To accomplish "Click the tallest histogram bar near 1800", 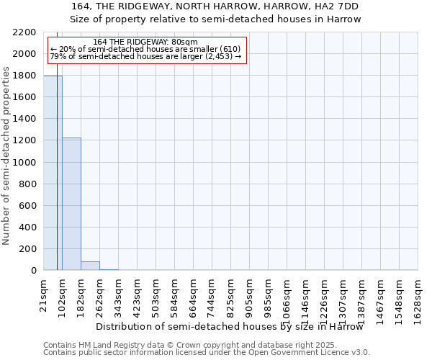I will tap(53, 173).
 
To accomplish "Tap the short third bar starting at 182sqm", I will tap(90, 266).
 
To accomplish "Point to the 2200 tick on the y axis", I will tap(26, 32).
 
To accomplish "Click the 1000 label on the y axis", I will tap(26, 162).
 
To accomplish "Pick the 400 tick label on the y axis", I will tap(29, 228).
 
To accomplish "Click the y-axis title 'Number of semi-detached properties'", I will tap(7, 156).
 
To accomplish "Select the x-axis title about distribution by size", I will tap(230, 326).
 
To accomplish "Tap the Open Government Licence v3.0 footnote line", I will tap(206, 353).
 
